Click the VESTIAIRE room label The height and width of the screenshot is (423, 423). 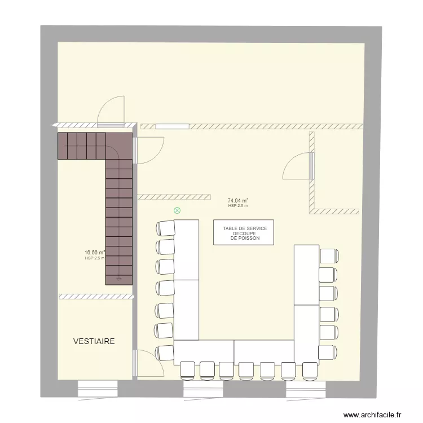94,341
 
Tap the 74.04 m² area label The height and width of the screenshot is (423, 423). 238,200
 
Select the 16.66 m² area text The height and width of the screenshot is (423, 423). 95,253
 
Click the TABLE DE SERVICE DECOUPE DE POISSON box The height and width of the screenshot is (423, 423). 244,232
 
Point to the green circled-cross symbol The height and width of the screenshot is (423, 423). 177,211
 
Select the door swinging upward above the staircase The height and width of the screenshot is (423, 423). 110,112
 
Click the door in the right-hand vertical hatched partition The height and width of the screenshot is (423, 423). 298,166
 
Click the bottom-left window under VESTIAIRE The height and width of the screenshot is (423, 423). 97,389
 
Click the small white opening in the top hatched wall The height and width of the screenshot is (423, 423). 169,126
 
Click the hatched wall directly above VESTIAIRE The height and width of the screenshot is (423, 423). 95,296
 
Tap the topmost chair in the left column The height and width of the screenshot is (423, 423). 165,228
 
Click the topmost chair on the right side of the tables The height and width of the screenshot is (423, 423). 328,255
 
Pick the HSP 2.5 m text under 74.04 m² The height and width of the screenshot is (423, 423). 238,206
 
